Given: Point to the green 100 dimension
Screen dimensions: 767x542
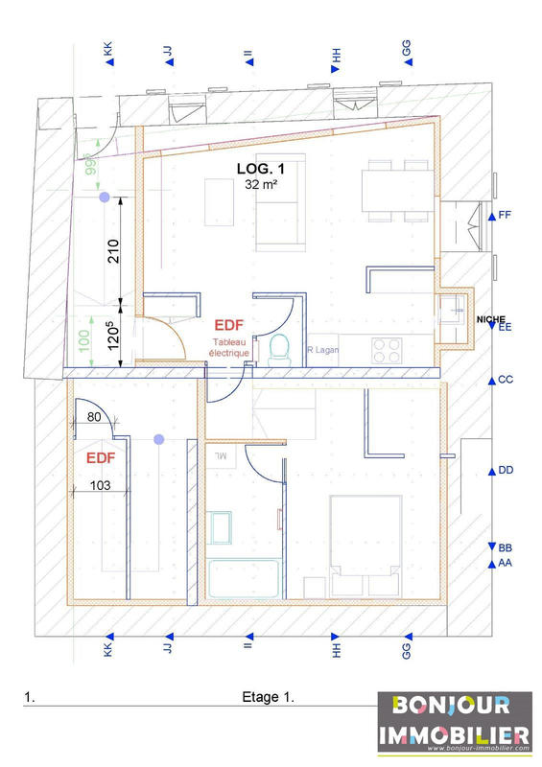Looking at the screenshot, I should [x=83, y=340].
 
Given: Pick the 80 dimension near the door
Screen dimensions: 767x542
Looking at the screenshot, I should [x=93, y=417].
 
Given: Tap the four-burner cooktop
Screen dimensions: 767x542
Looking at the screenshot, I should [x=386, y=350].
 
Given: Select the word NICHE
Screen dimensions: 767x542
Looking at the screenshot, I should [x=489, y=316].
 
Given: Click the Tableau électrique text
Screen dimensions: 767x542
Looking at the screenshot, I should [x=230, y=347].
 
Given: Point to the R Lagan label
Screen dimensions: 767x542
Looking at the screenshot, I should [x=322, y=350].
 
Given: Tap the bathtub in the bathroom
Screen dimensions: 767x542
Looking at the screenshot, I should [x=244, y=580].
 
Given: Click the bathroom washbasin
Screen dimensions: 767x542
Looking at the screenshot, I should [x=221, y=527].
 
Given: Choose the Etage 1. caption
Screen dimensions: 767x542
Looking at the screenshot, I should [x=268, y=698].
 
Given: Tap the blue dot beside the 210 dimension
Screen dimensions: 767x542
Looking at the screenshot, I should [x=104, y=198].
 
